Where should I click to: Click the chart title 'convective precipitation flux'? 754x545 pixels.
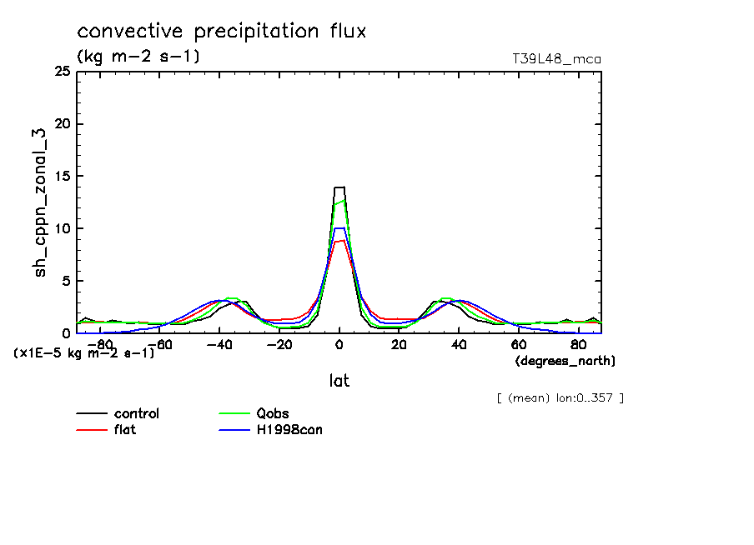coord(222,32)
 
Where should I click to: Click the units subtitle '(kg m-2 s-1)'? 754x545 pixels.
coord(138,57)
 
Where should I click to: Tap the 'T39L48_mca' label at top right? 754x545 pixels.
coord(556,59)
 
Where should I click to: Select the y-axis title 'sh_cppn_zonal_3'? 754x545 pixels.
coord(41,202)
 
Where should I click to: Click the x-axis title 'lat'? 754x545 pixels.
coord(339,381)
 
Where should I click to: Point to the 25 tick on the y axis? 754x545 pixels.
coord(62,72)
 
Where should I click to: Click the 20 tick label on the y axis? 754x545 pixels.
coord(62,124)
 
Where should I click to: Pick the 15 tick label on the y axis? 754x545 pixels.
coord(62,177)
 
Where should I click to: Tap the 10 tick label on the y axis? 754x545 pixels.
coord(62,228)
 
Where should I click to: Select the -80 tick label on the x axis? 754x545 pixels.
coord(99,344)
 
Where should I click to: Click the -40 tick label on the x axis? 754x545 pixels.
coord(219,344)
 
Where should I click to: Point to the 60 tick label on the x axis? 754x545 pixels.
coord(518,344)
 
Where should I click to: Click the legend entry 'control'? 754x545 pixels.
coord(136,414)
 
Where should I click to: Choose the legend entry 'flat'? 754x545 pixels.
coord(125,430)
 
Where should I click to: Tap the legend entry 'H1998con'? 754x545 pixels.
coord(289,430)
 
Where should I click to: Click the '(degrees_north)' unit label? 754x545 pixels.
coord(565,361)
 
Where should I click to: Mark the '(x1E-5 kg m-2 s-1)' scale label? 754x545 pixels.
coord(84,353)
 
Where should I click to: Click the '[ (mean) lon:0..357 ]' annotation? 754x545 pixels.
coord(560,397)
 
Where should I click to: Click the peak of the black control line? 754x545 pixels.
coord(339,187)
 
